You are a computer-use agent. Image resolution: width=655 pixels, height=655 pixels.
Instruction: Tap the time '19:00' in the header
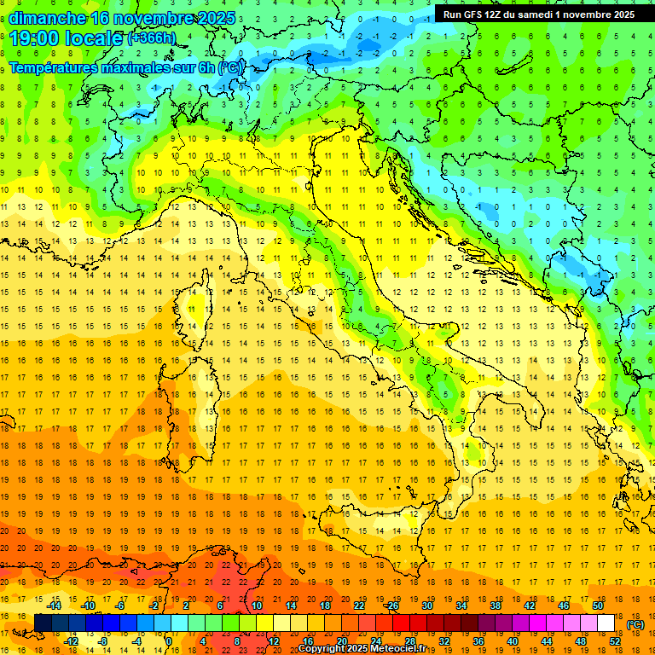click(34, 38)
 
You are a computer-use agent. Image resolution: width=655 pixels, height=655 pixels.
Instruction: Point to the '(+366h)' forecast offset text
click(152, 39)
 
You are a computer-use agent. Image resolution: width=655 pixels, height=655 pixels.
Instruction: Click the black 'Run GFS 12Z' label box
click(538, 14)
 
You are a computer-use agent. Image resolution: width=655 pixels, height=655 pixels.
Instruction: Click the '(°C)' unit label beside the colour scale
click(635, 624)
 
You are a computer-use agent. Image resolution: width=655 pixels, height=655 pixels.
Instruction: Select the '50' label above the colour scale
click(597, 606)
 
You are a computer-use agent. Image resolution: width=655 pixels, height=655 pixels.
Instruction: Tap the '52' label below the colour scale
click(614, 641)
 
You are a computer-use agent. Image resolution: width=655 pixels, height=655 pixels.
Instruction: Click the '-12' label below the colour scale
click(71, 641)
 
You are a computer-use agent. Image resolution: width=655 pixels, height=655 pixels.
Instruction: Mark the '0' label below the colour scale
click(170, 641)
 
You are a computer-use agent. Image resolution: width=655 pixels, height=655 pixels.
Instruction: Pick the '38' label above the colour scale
click(495, 606)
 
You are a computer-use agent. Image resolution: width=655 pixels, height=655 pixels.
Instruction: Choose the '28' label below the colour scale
click(410, 641)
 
